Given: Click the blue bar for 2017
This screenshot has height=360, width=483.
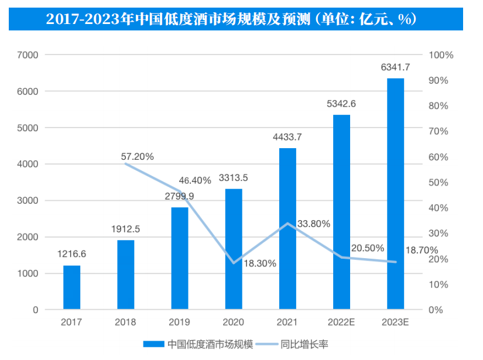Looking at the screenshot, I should point(72,287).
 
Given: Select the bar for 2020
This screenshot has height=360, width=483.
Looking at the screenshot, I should point(234,249).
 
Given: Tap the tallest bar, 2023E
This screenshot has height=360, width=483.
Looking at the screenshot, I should point(396,194).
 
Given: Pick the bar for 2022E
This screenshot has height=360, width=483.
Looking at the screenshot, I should point(342,212).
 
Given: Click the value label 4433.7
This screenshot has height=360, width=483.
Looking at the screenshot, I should point(287,138).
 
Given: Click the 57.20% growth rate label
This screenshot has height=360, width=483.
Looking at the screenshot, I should point(138,156).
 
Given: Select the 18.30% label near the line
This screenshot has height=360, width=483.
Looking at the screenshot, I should point(258,263).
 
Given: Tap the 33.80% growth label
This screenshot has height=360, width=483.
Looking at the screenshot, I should point(314,224).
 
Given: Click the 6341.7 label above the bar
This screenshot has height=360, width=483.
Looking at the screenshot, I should point(395,68).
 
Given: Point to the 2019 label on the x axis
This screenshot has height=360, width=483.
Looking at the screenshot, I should point(180,323).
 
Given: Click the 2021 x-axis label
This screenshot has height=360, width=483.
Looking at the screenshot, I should point(287,323).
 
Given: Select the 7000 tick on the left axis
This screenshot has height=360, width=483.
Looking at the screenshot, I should point(28,55).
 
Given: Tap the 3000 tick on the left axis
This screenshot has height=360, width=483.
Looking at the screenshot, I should point(28,201).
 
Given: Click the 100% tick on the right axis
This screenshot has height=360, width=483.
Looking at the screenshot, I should point(441,55).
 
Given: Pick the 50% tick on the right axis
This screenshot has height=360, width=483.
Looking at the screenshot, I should point(439,183).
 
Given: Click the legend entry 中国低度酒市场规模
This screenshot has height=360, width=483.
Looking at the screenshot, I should point(198,344).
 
